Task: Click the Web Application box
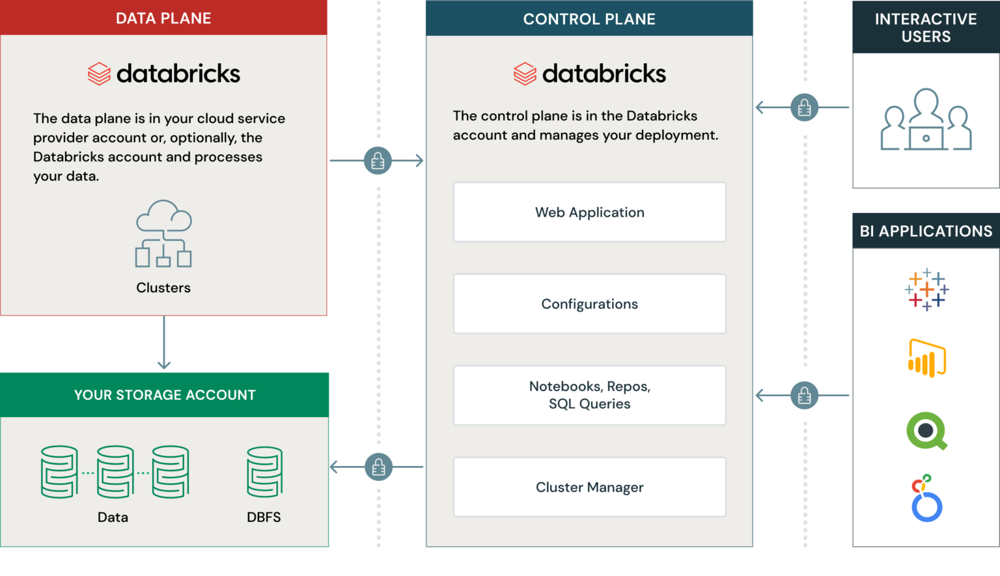coord(589,212)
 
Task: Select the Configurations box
coord(589,304)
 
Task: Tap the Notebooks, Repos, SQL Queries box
coord(589,395)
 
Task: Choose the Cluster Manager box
coord(589,487)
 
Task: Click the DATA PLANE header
coord(163,18)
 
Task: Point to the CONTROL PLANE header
coord(589,19)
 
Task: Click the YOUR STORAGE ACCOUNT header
coord(165,394)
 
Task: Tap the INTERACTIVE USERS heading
coord(925,27)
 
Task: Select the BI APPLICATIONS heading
coord(925,231)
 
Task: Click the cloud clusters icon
coord(163,234)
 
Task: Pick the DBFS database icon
coord(264,472)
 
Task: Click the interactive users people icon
coord(926,120)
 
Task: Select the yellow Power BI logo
coord(927,358)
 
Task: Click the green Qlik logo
coord(927,431)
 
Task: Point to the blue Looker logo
coord(926,499)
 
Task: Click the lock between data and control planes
coord(378,161)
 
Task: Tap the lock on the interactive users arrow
coord(804,107)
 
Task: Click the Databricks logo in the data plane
coord(163,74)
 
